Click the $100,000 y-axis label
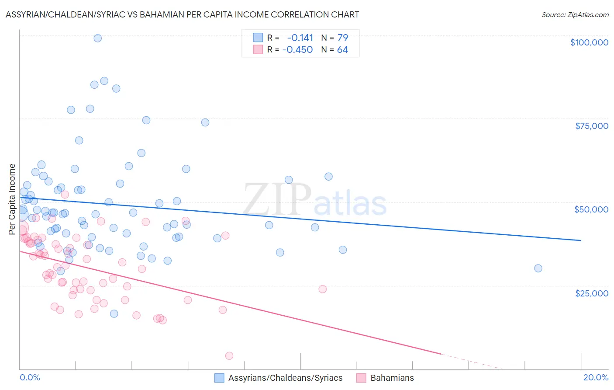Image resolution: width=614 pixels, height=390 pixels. pos(589,42)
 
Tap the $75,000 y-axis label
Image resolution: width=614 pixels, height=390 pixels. pos(591,126)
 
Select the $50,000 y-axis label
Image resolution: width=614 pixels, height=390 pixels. pos(591,209)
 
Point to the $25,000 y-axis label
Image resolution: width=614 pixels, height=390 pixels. pos(591,293)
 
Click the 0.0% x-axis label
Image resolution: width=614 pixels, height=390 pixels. pos(30,377)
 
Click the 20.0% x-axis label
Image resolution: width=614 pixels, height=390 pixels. pos(596,377)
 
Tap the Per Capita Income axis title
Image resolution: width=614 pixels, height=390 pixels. pos(12,199)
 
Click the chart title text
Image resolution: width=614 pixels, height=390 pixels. pos(182,14)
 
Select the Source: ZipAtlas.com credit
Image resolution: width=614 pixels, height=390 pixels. pos(575,14)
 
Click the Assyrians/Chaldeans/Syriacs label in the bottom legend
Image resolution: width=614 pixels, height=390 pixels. pos(285,378)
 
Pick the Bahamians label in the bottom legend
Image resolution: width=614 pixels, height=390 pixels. pos(392,378)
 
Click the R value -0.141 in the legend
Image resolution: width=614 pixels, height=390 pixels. pos(300,38)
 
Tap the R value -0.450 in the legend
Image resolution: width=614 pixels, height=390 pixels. pos(297,50)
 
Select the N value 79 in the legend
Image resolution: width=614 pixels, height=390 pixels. pos(342,38)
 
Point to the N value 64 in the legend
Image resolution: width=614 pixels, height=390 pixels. pos(342,50)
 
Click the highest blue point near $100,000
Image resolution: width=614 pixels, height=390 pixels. pos(98,38)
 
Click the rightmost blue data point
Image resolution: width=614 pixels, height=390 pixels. pos(538,268)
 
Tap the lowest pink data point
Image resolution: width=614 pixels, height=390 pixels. pos(229,356)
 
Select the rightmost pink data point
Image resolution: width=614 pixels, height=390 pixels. pos(323,289)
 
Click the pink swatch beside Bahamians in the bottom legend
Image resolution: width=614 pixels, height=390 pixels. pos(361,378)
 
